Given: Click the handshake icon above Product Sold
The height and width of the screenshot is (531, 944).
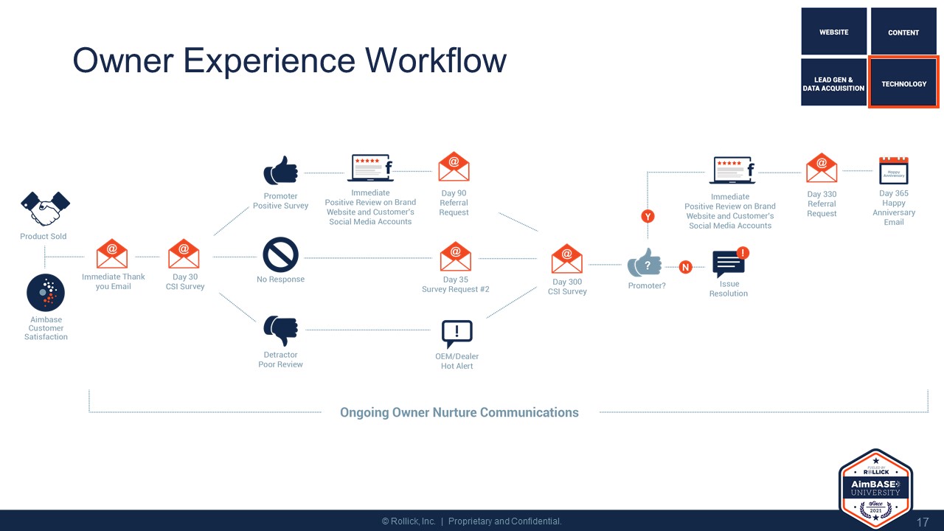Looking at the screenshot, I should point(45,209).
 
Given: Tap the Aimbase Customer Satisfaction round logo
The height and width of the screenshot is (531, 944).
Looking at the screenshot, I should point(46,293).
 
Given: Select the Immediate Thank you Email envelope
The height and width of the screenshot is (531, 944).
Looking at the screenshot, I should point(112,254).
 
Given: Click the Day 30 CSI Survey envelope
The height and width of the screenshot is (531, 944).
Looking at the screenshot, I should point(184,254).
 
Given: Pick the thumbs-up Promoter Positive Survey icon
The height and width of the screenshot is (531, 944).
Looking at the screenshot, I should point(281,170).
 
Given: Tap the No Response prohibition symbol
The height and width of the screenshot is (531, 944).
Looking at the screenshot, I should point(281,254).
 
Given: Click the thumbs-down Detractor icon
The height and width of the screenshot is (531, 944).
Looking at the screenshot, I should point(281,330).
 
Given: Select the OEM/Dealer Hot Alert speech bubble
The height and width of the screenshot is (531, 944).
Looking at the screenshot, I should point(457,333).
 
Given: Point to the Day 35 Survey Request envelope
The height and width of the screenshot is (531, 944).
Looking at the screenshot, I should point(455,257).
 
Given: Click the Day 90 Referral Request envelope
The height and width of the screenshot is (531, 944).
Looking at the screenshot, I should point(454,167).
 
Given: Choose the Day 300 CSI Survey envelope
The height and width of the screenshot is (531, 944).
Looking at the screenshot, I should point(567,259).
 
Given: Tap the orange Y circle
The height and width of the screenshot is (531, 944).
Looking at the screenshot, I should point(648,216).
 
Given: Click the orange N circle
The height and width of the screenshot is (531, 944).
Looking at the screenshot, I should point(685,267).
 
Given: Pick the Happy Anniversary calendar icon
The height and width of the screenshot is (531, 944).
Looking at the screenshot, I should point(894,170).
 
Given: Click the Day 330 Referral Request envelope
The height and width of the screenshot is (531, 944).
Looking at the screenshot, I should point(822,169).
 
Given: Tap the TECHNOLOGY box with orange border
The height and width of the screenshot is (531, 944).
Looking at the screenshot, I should point(903,83).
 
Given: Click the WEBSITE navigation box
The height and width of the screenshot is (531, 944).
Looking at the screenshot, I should point(834,32).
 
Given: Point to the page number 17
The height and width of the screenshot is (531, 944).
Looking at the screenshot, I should point(923,522).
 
